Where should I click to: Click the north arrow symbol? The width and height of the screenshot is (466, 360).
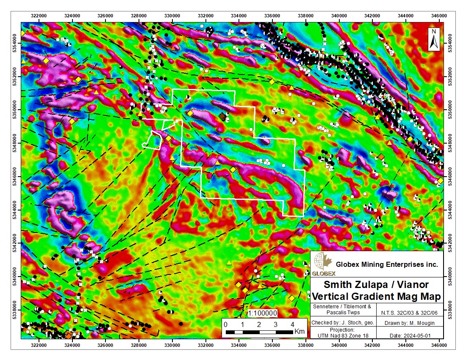[434, 39]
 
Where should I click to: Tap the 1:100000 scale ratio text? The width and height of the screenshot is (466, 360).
[262, 313]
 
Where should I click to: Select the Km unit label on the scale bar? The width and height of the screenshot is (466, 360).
[299, 331]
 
